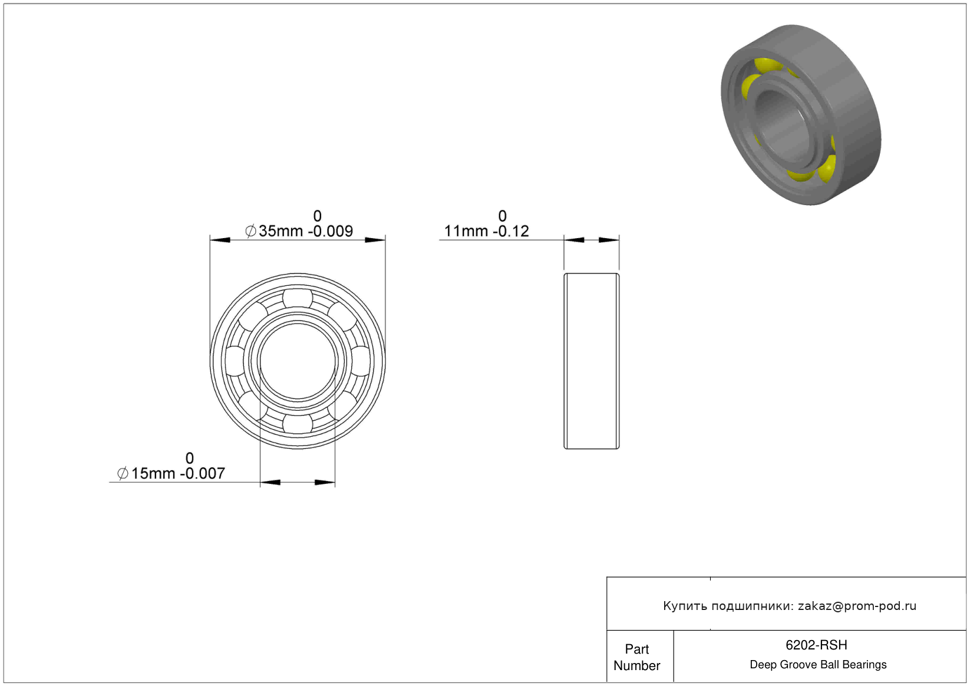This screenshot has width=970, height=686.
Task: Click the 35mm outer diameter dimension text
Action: point(299,225)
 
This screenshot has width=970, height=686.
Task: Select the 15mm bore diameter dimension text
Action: point(171,466)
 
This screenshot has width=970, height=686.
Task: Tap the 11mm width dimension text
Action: point(486,225)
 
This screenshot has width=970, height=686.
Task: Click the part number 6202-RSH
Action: point(816,645)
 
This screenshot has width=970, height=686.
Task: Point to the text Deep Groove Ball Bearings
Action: point(818,664)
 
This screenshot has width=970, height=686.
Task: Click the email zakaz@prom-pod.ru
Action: point(857,606)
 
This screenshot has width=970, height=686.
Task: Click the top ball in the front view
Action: point(298,298)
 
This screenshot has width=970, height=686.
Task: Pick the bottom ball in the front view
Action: point(298,424)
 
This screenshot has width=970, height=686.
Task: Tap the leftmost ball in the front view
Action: point(235,361)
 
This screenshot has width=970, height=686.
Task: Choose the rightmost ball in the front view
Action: point(360,361)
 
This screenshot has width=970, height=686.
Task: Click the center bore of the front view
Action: point(298,361)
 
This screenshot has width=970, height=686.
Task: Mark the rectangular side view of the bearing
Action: point(592,361)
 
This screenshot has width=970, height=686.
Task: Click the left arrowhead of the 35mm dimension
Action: point(220,240)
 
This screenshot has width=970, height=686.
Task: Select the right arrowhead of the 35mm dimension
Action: point(375,240)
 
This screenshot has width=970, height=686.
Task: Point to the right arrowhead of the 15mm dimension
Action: point(325,483)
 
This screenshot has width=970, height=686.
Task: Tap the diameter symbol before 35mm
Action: point(250,231)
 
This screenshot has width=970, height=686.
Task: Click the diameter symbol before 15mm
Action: point(123,473)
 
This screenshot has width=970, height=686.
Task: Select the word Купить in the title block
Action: point(685,606)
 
